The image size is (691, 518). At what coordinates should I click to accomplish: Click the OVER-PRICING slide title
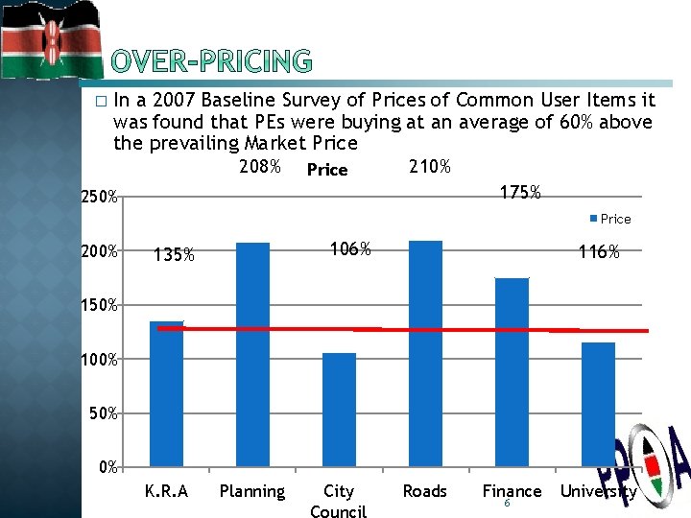[211, 62]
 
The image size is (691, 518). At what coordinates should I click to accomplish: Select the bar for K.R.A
[166, 393]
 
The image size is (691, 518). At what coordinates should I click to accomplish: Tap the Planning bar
[252, 354]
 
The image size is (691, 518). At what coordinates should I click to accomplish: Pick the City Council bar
[339, 410]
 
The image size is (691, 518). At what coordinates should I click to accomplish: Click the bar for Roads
[425, 353]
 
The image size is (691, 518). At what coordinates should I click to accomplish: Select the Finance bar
[512, 372]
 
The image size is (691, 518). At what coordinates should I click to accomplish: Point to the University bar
[598, 404]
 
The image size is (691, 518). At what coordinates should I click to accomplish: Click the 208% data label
[259, 168]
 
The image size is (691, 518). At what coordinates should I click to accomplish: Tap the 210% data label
[430, 168]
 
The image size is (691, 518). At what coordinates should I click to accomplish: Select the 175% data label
[521, 193]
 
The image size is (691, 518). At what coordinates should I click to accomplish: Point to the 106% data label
[349, 249]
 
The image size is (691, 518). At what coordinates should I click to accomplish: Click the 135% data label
[175, 255]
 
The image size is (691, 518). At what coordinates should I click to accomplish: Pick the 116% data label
[599, 253]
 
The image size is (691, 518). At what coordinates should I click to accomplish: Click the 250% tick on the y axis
[99, 198]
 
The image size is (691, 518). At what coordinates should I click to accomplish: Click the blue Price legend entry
[610, 219]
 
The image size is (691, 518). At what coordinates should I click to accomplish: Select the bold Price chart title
[326, 170]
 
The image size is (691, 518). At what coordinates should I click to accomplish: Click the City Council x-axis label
[339, 502]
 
